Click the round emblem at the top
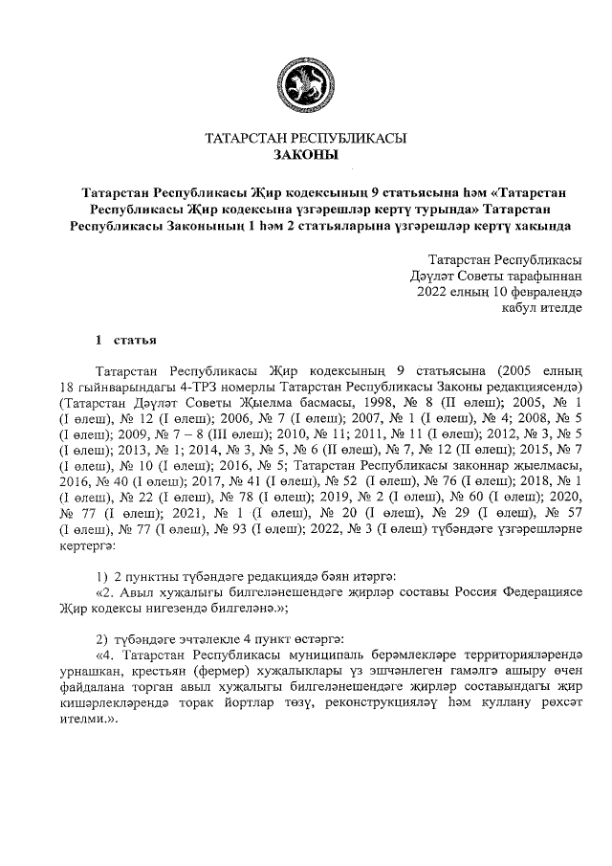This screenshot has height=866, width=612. click(x=305, y=84)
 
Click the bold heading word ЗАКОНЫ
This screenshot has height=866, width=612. click(x=305, y=154)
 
